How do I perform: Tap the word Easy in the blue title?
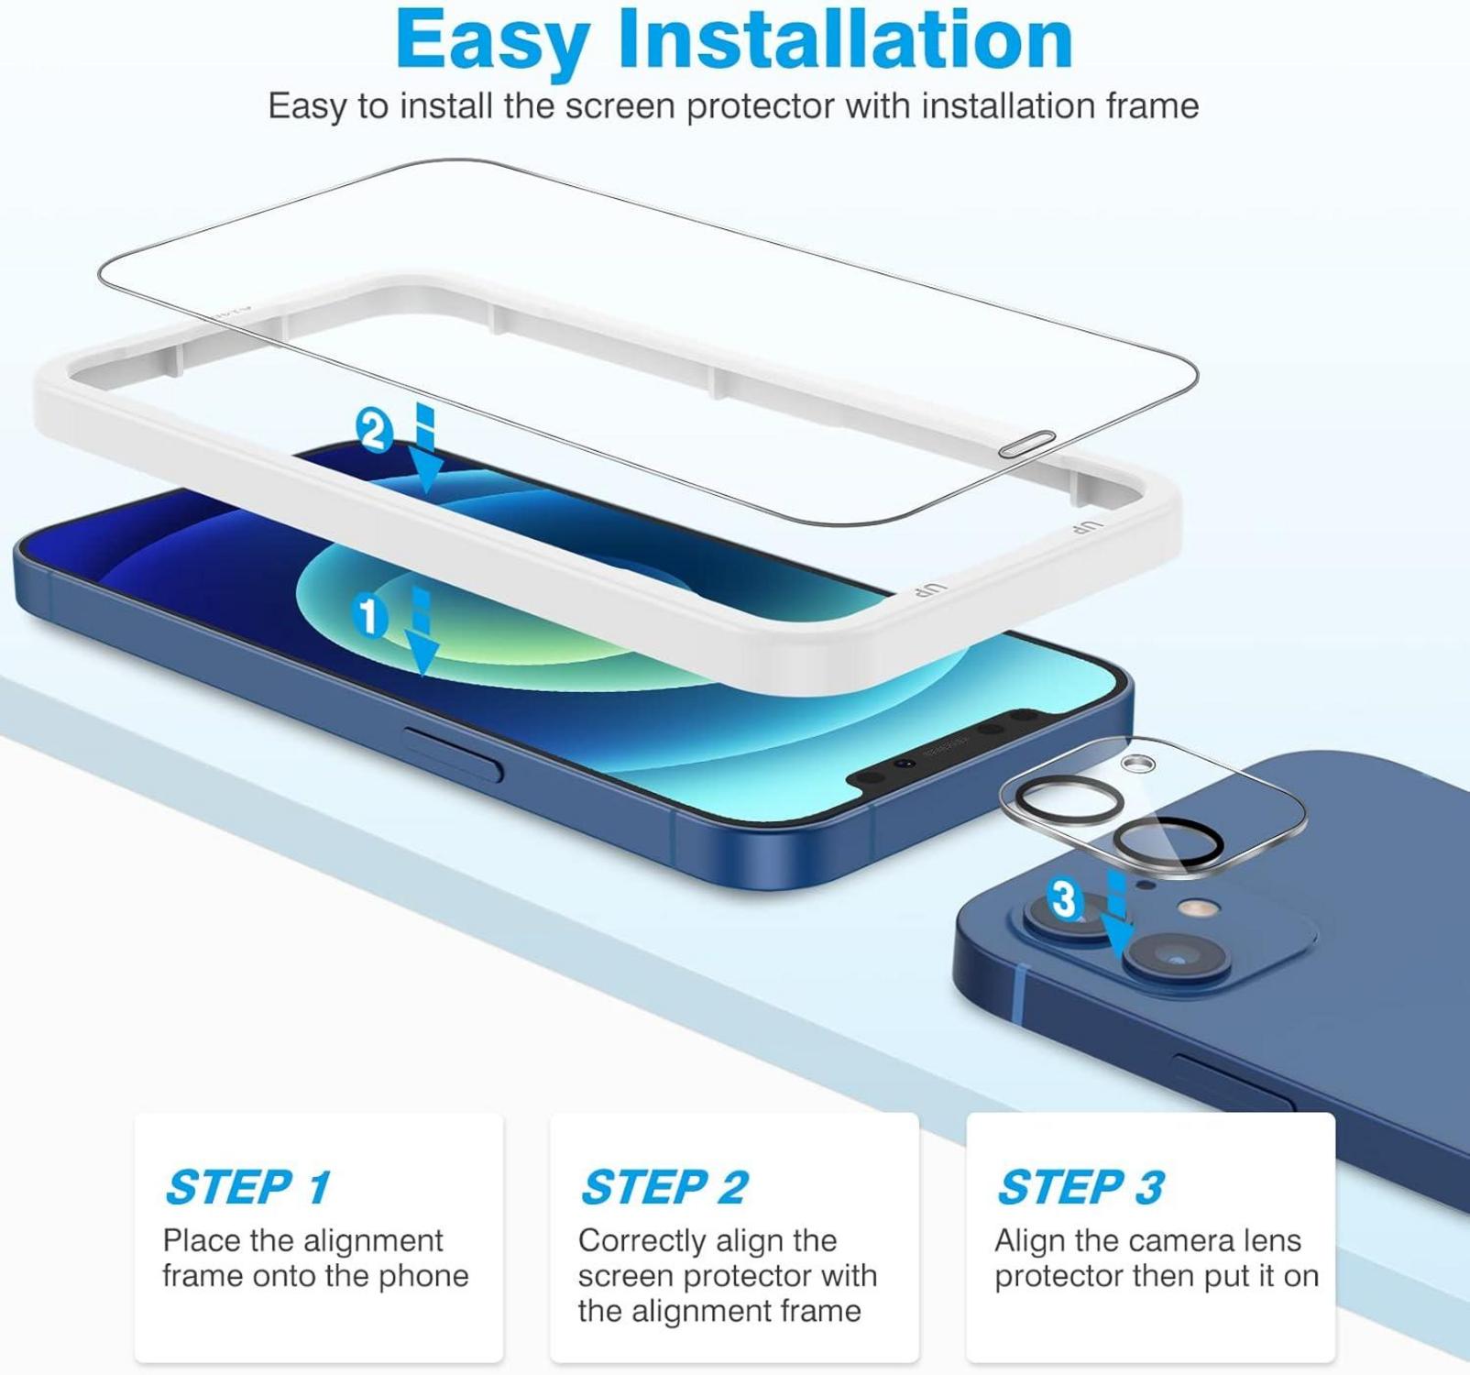click(493, 43)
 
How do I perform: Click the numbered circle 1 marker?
click(369, 615)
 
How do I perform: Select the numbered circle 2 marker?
click(374, 431)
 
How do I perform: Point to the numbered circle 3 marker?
click(1065, 899)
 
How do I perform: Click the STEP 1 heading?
click(247, 1187)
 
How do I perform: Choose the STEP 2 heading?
click(664, 1187)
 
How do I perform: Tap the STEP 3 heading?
click(1081, 1187)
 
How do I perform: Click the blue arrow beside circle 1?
click(422, 632)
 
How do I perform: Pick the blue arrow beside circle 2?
click(426, 446)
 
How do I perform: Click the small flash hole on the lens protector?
click(1137, 763)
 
